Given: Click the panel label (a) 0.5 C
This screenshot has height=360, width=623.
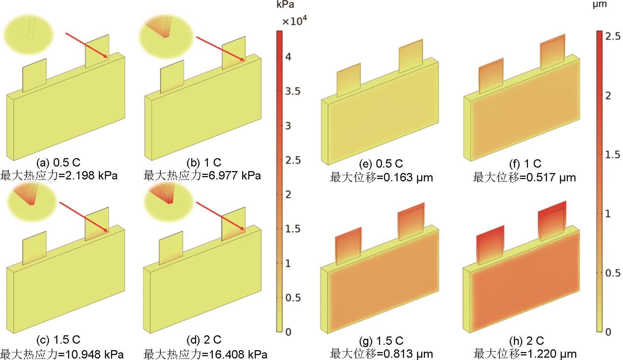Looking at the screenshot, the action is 59,162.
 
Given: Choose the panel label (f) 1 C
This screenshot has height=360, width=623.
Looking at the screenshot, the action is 525,163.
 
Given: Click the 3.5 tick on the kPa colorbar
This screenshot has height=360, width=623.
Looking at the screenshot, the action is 293,91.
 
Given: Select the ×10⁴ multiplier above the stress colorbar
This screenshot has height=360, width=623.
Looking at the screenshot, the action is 295,21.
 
